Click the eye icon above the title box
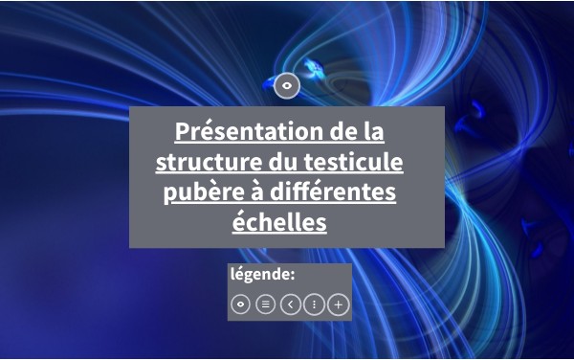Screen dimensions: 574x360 click(x=287, y=86)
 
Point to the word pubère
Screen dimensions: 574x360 click(x=204, y=192)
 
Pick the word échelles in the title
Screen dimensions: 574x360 click(x=279, y=221)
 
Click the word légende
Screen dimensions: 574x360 click(x=260, y=274)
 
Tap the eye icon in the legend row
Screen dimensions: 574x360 click(x=240, y=304)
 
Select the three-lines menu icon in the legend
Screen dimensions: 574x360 click(x=265, y=304)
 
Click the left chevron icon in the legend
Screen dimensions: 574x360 click(x=290, y=304)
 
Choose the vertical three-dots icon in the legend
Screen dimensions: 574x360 click(x=314, y=304)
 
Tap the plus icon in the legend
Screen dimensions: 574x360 click(x=339, y=304)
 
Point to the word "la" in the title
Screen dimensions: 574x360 click(x=374, y=131)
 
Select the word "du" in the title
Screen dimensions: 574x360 click(x=283, y=162)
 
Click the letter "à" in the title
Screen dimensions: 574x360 click(x=257, y=191)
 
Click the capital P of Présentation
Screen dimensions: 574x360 click(x=182, y=131)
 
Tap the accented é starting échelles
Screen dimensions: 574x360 click(x=238, y=221)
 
